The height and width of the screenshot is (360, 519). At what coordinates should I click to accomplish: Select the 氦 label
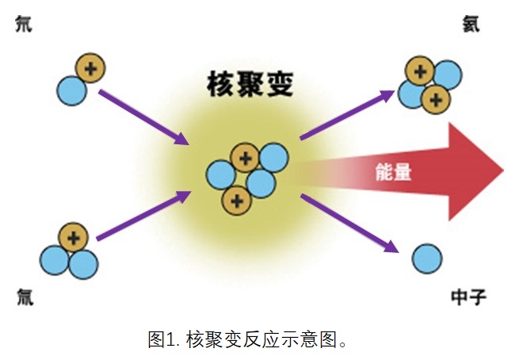pyautogui.click(x=472, y=25)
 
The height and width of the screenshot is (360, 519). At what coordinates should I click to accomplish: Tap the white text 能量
pyautogui.click(x=393, y=171)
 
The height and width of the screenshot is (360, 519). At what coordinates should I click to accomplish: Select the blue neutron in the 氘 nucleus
pyautogui.click(x=71, y=90)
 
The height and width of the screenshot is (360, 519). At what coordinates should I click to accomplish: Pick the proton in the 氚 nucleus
pyautogui.click(x=74, y=236)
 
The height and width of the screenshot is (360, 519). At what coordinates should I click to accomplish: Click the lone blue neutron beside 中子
pyautogui.click(x=427, y=259)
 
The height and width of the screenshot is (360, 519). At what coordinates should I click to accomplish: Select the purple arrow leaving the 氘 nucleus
pyautogui.click(x=143, y=117)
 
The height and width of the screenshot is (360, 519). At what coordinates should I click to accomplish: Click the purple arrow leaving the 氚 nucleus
pyautogui.click(x=143, y=215)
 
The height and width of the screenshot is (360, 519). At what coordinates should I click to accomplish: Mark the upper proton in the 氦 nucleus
pyautogui.click(x=420, y=73)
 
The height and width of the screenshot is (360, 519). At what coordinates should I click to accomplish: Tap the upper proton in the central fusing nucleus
pyautogui.click(x=245, y=159)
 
